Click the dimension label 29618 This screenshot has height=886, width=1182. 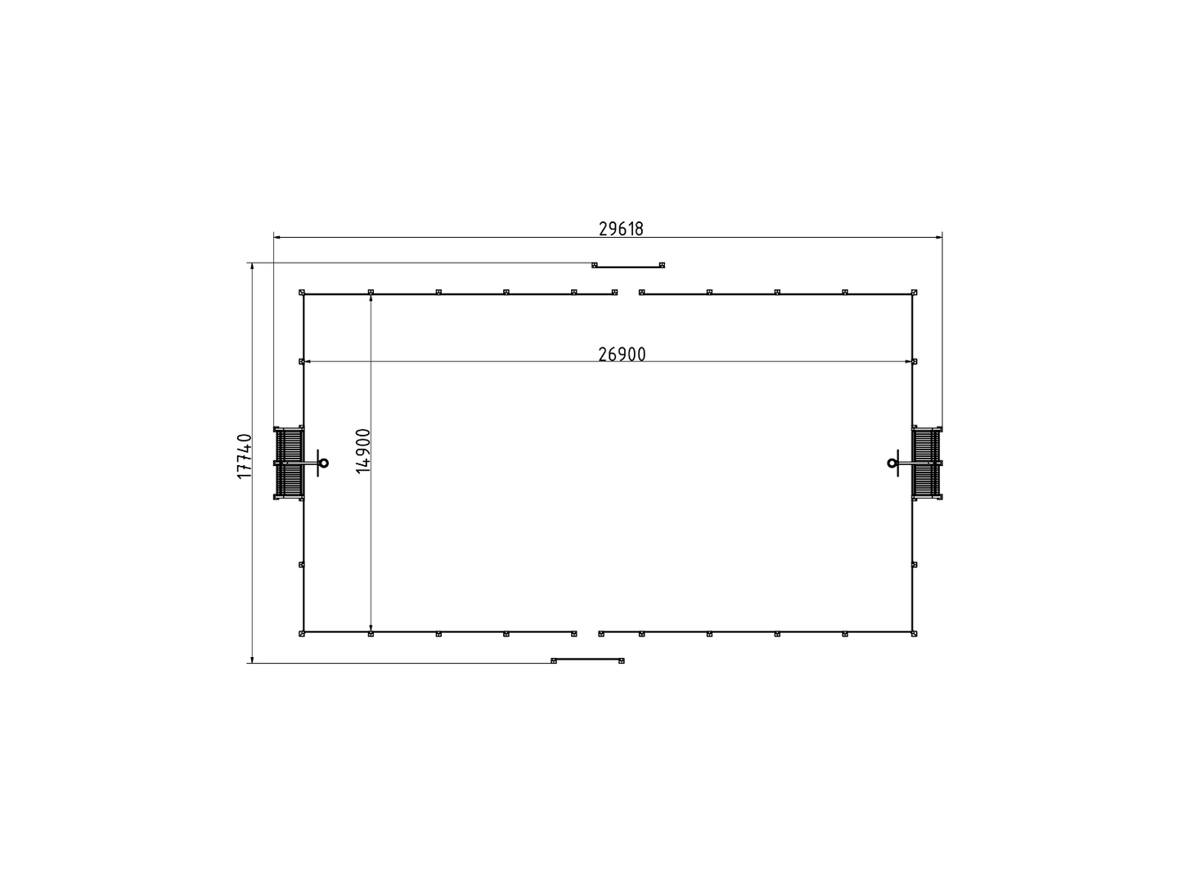click(621, 229)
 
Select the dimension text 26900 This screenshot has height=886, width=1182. click(622, 355)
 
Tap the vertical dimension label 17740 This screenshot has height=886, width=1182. click(245, 456)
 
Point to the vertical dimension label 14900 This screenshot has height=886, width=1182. click(363, 451)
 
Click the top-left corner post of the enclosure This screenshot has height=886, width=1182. click(302, 293)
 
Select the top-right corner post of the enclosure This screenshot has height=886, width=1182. click(914, 293)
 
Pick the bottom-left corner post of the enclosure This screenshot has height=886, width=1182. click(302, 633)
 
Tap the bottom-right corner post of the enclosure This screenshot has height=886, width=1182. click(914, 633)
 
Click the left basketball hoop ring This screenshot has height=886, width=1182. click(324, 463)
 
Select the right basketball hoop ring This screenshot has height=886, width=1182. click(892, 463)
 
